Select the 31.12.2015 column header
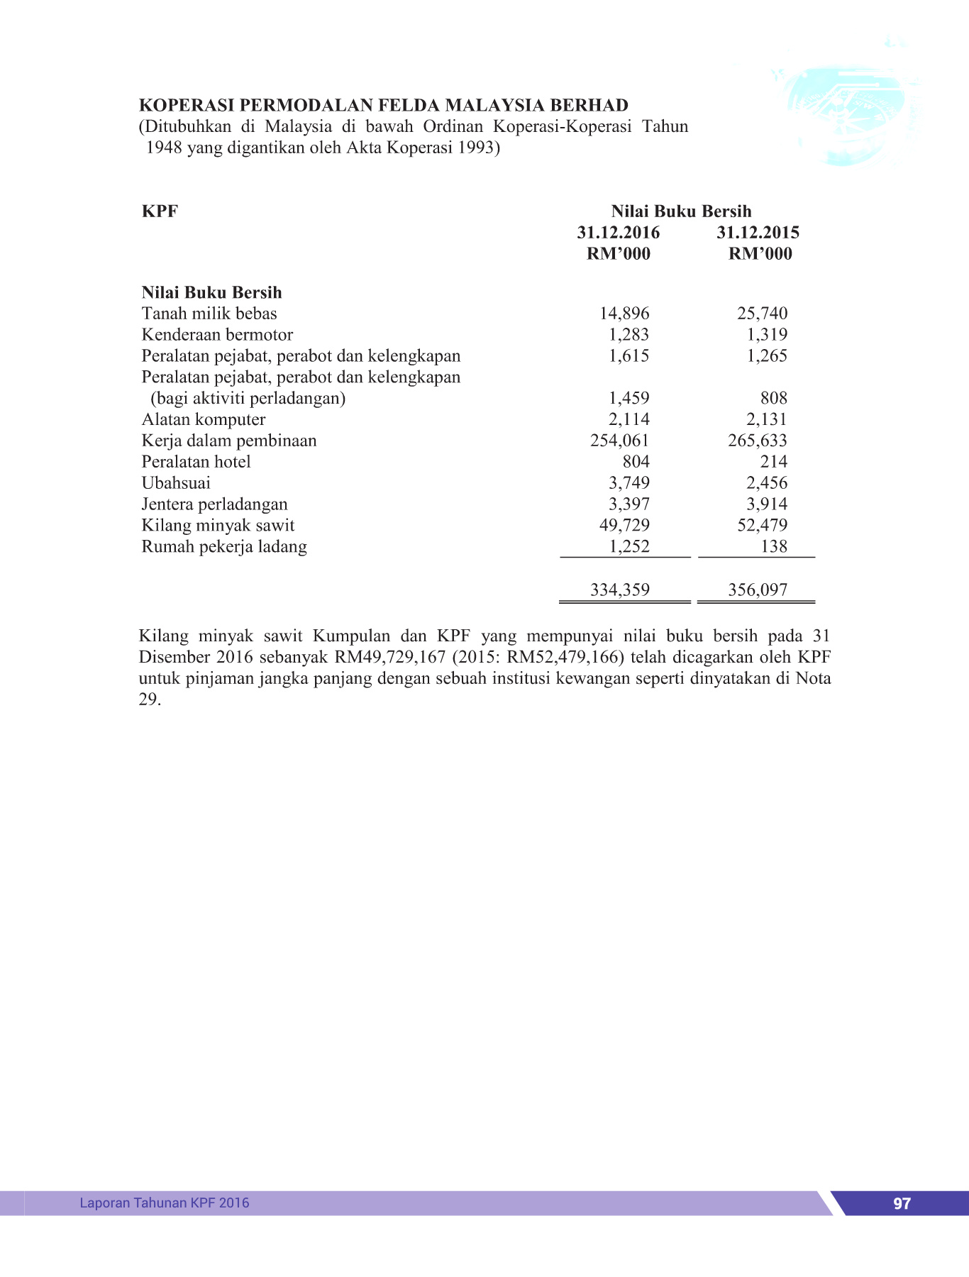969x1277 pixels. [x=758, y=233]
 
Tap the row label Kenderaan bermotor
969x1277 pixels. [x=217, y=335]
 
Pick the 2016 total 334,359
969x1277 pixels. [x=620, y=590]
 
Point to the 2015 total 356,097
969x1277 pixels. [x=758, y=590]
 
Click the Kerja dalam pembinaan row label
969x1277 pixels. [x=228, y=441]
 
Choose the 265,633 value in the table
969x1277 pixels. [x=758, y=441]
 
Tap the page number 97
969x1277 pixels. [x=902, y=1203]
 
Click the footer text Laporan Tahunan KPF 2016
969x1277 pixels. [x=165, y=1203]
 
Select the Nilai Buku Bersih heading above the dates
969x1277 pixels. [x=681, y=211]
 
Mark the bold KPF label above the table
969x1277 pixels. [x=160, y=211]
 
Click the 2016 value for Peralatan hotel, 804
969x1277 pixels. [x=636, y=462]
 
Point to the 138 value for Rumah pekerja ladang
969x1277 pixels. [x=773, y=546]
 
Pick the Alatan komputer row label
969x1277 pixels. [x=204, y=419]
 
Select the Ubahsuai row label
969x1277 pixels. [x=176, y=483]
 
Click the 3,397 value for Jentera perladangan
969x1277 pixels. [x=629, y=504]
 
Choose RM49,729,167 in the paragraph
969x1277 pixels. [x=389, y=657]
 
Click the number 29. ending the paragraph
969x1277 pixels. [x=150, y=700]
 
